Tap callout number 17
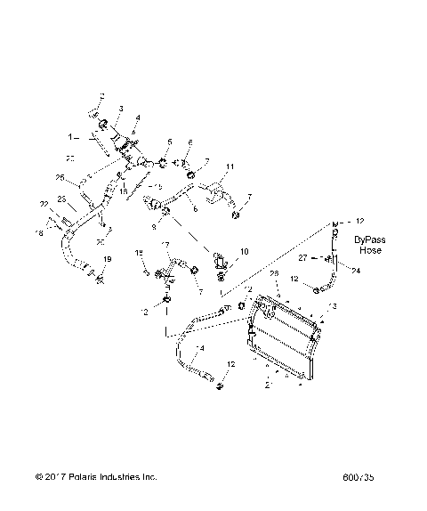165,245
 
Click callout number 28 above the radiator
274,273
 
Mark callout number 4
136,118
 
